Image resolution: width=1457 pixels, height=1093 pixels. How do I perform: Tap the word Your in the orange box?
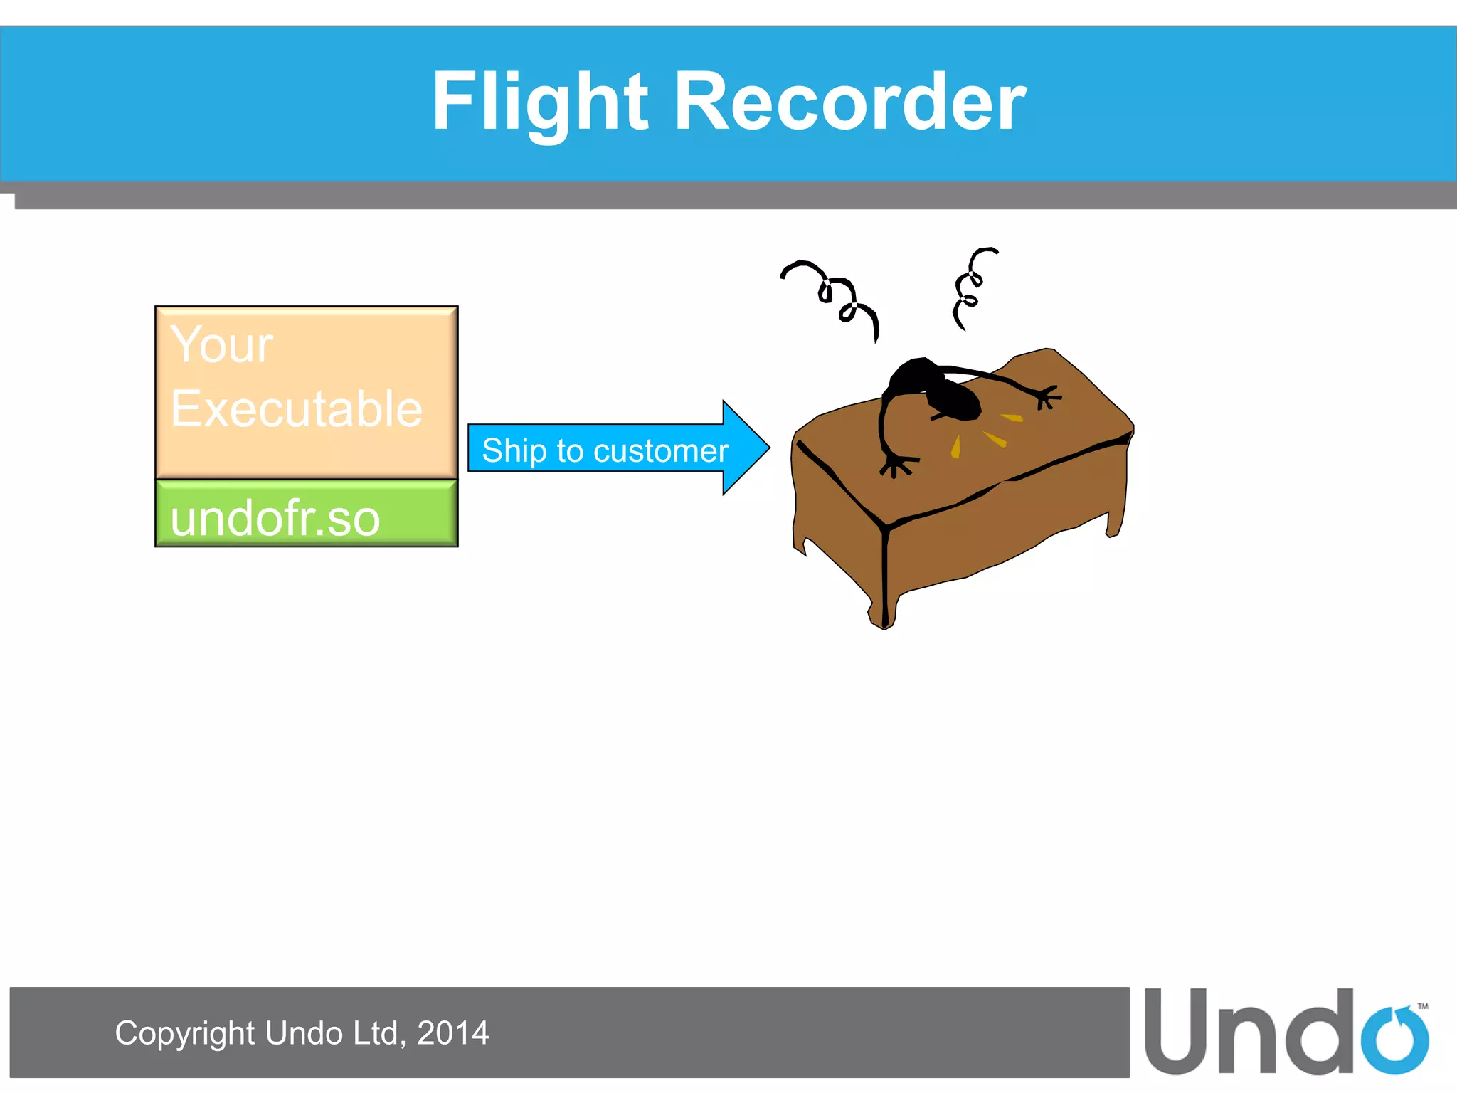(221, 345)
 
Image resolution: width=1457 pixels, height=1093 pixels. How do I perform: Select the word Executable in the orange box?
(297, 409)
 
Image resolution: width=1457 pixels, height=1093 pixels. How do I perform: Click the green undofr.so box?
(306, 514)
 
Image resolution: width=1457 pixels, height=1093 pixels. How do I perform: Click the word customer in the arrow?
(661, 451)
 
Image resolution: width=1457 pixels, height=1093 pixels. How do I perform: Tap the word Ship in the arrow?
(514, 451)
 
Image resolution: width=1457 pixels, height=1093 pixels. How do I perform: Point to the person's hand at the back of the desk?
(1047, 397)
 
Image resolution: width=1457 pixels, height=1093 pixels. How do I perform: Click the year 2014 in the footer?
(452, 1033)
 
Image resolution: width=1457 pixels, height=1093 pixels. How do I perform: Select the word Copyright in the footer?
(184, 1033)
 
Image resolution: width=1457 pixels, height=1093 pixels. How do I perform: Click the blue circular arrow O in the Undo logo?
(1394, 1040)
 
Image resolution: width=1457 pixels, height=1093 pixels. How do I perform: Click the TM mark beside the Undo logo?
(1423, 1006)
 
